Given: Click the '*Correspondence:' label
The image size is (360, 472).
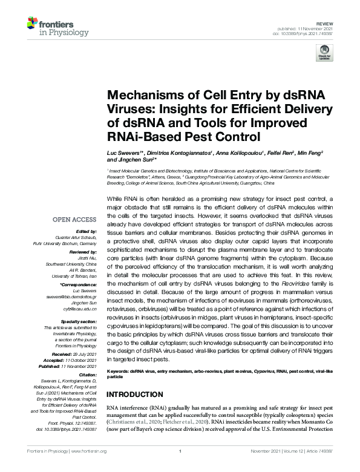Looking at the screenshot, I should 80,285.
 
